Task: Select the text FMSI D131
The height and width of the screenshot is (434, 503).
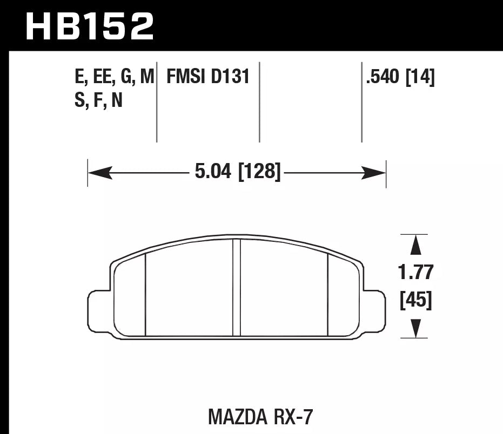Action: [x=208, y=77]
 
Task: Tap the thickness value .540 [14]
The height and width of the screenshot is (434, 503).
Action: [x=400, y=78]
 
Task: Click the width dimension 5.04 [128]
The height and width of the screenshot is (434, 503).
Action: [x=237, y=173]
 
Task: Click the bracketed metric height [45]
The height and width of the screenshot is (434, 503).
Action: [x=415, y=300]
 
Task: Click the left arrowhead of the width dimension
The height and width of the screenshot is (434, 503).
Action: [x=99, y=173]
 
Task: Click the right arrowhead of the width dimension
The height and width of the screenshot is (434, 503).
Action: [x=374, y=173]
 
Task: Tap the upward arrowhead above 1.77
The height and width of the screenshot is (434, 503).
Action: [x=415, y=245]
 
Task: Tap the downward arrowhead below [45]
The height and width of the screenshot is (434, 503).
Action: [x=415, y=328]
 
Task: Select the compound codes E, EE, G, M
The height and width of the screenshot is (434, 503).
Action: [x=115, y=78]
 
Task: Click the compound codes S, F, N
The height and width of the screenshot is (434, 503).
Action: [x=99, y=100]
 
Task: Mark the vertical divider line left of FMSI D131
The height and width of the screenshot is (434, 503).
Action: [x=157, y=103]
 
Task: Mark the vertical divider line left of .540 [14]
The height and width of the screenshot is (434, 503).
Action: [x=361, y=103]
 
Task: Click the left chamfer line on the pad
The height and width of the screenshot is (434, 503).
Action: [x=146, y=294]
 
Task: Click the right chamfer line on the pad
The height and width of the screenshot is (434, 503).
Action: [x=328, y=294]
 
